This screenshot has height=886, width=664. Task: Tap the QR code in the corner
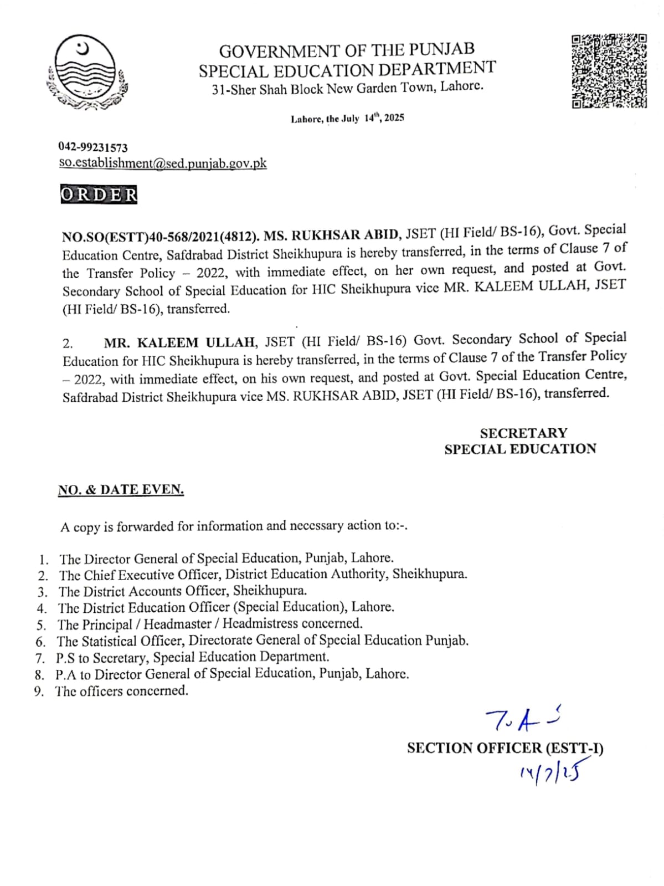pyautogui.click(x=609, y=70)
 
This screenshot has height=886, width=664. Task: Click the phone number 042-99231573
pyautogui.click(x=93, y=147)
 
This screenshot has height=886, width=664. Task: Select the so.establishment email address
pyautogui.click(x=163, y=163)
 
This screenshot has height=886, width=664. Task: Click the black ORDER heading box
pyautogui.click(x=99, y=195)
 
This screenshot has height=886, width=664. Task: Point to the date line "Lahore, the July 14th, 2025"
pyautogui.click(x=347, y=118)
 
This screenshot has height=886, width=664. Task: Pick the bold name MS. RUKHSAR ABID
pyautogui.click(x=331, y=234)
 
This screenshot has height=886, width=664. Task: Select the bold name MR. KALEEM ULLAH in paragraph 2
pyautogui.click(x=179, y=342)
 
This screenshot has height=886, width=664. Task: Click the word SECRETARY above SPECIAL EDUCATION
pyautogui.click(x=523, y=433)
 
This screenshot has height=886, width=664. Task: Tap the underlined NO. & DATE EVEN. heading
pyautogui.click(x=121, y=490)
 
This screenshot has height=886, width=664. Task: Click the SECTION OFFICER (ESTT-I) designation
pyautogui.click(x=505, y=748)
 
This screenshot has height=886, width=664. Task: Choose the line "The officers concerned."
pyautogui.click(x=121, y=691)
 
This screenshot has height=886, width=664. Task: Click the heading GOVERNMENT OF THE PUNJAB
pyautogui.click(x=347, y=50)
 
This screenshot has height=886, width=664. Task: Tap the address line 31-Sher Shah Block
pyautogui.click(x=347, y=88)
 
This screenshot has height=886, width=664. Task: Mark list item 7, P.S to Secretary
pyautogui.click(x=192, y=657)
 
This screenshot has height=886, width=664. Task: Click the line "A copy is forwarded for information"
pyautogui.click(x=234, y=526)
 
